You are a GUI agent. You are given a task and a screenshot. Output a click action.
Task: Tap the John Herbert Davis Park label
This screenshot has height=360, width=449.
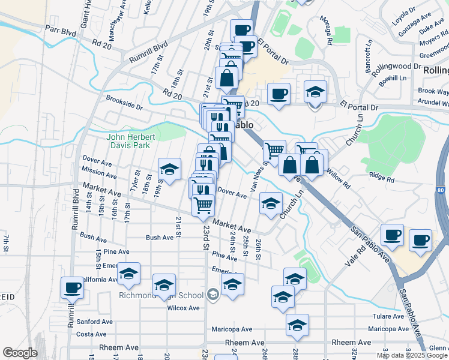(131, 141)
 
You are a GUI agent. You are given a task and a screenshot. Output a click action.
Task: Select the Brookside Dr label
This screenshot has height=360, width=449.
(124, 102)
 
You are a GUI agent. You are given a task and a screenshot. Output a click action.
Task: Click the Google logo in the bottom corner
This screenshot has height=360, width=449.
(19, 353)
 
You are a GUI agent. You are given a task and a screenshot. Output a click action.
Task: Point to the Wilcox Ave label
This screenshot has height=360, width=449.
(183, 308)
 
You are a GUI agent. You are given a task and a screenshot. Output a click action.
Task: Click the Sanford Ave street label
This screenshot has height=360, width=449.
(95, 322)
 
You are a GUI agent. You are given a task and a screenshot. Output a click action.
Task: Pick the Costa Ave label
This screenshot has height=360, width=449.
(92, 334)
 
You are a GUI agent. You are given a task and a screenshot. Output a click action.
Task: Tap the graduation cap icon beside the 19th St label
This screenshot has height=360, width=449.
(169, 170)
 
